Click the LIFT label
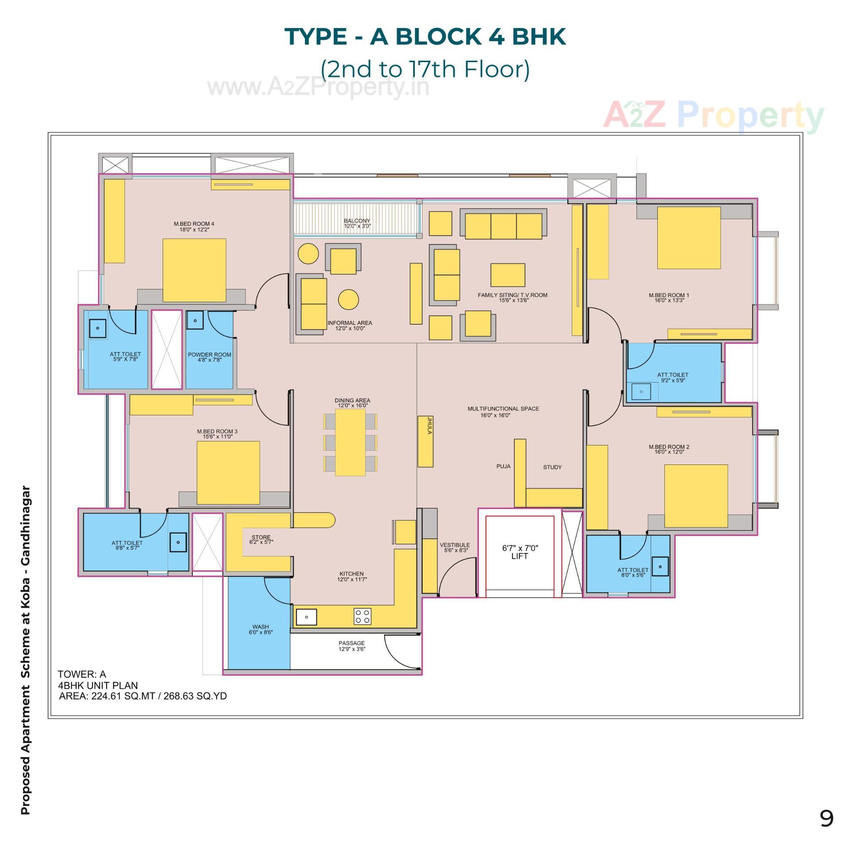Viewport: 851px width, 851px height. point(519,556)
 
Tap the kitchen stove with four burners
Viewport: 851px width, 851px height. point(362,617)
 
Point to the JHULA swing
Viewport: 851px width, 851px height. point(425,441)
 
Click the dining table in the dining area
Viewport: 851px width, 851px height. point(350,442)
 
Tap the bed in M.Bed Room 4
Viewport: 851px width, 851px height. point(194,270)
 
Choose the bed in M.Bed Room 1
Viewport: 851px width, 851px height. point(689,238)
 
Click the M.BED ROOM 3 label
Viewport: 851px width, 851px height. point(217,431)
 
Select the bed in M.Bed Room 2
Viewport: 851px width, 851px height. point(696,496)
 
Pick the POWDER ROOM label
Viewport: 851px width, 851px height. point(209,355)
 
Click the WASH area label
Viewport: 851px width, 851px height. point(261,627)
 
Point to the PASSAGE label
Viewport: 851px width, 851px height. point(351,643)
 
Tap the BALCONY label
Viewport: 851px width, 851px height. point(357,221)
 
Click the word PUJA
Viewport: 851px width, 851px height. point(503,467)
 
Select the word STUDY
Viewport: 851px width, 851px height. point(552,467)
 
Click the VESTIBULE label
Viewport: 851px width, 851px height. point(454,545)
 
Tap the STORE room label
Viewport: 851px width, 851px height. point(261,537)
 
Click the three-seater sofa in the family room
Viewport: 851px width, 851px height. point(504,226)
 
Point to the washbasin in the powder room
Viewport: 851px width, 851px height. point(195,320)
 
